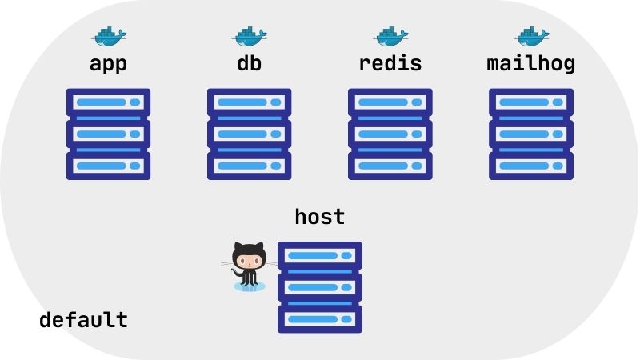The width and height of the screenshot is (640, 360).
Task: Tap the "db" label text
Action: coord(249,63)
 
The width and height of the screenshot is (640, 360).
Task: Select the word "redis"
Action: coord(390,63)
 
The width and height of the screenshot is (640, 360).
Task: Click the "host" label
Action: coord(319,217)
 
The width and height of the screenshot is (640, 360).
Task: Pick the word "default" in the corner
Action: coord(83,320)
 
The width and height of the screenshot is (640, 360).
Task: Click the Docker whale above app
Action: coord(109,36)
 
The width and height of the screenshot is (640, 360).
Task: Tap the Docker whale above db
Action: coord(250,36)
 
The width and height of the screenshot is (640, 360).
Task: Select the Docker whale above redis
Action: coord(390,36)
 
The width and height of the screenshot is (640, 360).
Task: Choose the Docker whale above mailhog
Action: coord(531,36)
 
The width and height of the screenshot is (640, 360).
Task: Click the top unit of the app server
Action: coord(108,102)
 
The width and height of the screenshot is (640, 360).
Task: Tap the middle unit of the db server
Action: coord(249,134)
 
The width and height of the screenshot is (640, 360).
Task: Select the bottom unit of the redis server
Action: coord(390,165)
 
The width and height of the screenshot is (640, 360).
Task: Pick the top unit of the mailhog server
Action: coord(530,102)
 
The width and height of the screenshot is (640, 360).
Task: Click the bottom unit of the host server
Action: coord(319,318)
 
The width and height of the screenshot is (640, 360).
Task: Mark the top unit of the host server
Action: coord(319,256)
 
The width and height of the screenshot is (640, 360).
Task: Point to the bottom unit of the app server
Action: coord(108,165)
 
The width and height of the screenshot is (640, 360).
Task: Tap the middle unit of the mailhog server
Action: coord(530,134)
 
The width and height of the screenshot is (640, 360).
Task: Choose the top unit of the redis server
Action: coord(390,102)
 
